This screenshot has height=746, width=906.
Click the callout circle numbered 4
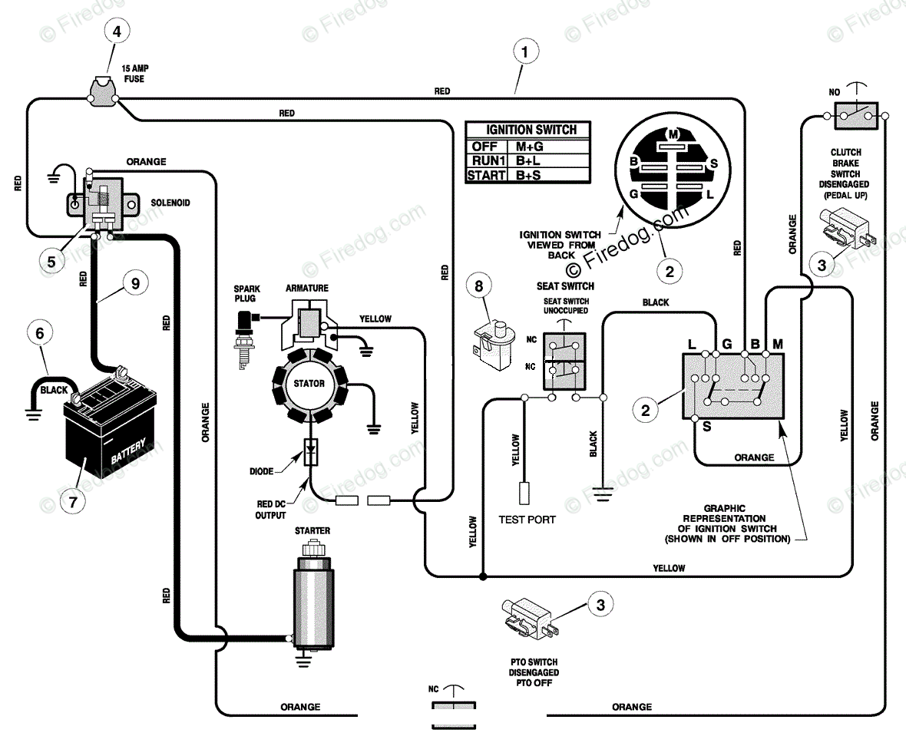point(117,31)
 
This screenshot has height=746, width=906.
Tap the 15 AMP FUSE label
point(134,74)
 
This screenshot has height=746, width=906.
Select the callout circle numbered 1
point(524,52)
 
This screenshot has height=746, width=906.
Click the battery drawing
point(110,421)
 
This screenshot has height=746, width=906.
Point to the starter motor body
point(313,600)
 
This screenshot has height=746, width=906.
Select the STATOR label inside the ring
point(309,384)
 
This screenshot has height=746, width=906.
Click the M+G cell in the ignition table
point(529,147)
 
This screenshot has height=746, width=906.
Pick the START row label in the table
point(487,175)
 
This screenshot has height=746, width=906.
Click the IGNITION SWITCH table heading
point(531,130)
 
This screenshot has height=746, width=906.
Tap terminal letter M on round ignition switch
point(673,134)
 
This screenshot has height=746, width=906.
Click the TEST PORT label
point(527,520)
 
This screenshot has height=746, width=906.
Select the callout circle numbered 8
point(479,286)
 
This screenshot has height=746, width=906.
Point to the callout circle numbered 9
point(135,283)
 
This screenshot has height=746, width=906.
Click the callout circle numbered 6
point(40,333)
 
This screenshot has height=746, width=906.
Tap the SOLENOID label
point(170,203)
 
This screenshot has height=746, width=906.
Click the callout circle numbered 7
point(73,502)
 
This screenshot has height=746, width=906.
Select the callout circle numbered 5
point(51,262)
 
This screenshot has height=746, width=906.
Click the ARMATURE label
point(307,288)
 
